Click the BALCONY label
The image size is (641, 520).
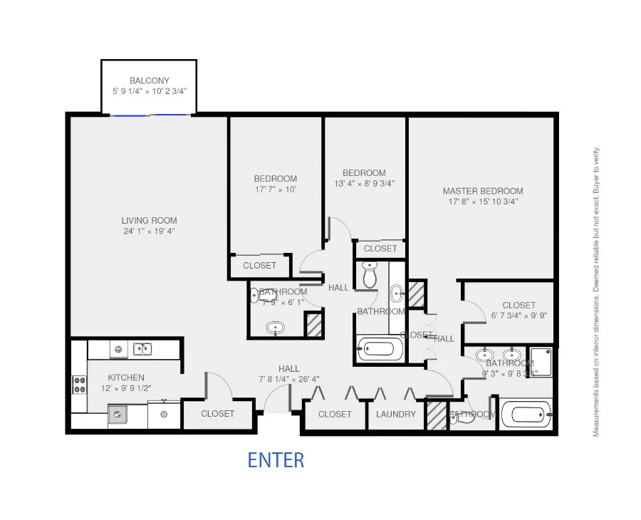pos(150,81)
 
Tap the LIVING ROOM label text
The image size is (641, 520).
pos(149,220)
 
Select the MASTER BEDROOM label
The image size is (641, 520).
pos(483,191)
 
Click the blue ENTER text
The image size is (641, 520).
pos(276,460)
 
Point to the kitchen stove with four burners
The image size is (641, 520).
pos(78,385)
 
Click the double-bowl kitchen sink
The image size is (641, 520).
pos(142,349)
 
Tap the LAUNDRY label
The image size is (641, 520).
pos(395,414)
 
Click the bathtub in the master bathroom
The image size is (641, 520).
pos(526,414)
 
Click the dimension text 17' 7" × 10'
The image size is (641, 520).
pos(275,189)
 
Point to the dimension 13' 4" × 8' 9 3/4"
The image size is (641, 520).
pos(364,183)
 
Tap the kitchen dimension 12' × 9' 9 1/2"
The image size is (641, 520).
pos(126,388)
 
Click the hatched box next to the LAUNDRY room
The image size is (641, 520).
pos(434,415)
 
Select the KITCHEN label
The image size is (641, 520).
pos(126,378)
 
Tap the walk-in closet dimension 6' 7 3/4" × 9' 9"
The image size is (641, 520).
pos(518,316)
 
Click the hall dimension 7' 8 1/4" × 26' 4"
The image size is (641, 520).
pos(288,379)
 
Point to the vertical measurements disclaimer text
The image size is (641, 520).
pos(597,291)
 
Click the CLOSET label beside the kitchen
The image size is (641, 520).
pos(218,414)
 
